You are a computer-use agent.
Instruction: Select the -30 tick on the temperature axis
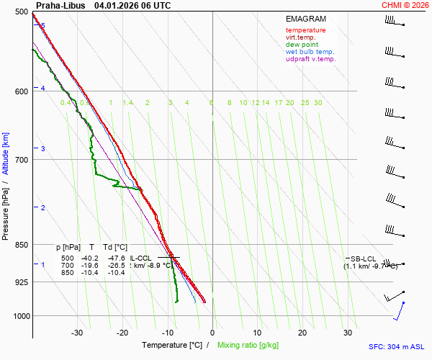77,333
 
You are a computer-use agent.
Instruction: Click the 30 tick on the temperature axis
348,333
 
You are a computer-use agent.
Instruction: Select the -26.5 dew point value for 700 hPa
116,265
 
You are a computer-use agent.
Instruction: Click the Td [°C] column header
114,247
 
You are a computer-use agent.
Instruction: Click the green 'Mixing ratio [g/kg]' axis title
248,346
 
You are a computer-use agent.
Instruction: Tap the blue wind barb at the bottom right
399,311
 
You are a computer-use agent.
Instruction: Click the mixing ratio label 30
318,103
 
